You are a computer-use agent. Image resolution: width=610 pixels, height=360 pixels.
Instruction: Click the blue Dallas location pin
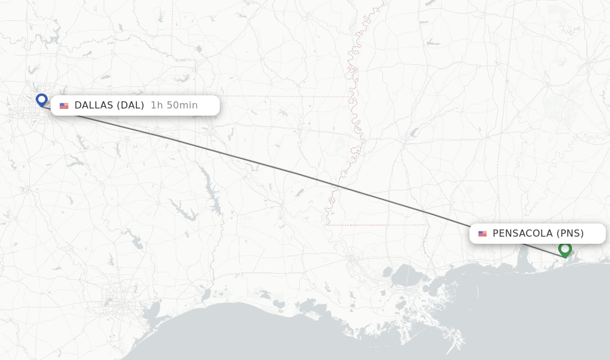tap(41, 100)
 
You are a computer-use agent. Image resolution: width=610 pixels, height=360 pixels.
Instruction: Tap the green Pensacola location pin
tap(565, 249)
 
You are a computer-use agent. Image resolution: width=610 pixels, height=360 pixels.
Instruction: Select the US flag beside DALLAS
tap(64, 105)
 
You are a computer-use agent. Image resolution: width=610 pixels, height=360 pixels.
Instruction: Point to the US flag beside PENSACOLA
tap(482, 234)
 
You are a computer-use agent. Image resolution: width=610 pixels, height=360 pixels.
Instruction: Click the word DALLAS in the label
tap(94, 105)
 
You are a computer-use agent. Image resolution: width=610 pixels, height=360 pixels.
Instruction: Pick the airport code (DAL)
tap(130, 105)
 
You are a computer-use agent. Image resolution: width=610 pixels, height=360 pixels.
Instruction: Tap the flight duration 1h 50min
tap(174, 105)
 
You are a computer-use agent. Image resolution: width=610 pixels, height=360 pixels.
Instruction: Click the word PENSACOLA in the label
tap(522, 234)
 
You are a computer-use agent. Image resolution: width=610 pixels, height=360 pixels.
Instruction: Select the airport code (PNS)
tap(570, 234)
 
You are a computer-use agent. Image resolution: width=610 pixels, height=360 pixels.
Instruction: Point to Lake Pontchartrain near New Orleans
tap(409, 275)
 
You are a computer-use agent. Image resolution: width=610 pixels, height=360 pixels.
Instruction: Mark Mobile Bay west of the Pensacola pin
tap(524, 256)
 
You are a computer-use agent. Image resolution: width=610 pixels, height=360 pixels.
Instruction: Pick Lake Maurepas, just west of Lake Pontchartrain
tap(388, 274)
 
